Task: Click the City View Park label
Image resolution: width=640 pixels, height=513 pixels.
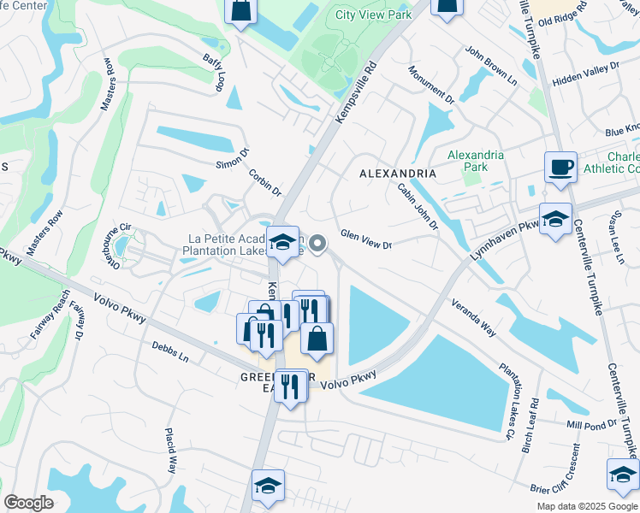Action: [x=373, y=15]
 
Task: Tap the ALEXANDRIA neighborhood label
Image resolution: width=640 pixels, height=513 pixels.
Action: [x=397, y=174]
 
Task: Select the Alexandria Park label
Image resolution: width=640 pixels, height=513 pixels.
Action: [x=476, y=161]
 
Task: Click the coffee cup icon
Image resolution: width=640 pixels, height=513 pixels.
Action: [x=560, y=167]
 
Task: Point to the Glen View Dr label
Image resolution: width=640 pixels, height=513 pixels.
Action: [x=365, y=239]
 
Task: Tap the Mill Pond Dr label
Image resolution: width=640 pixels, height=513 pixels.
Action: [x=591, y=424]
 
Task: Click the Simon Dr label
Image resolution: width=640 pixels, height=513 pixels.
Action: [x=232, y=159]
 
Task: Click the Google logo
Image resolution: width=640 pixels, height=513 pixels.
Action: [x=28, y=503]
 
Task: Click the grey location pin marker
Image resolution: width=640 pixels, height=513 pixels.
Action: [x=317, y=245]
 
